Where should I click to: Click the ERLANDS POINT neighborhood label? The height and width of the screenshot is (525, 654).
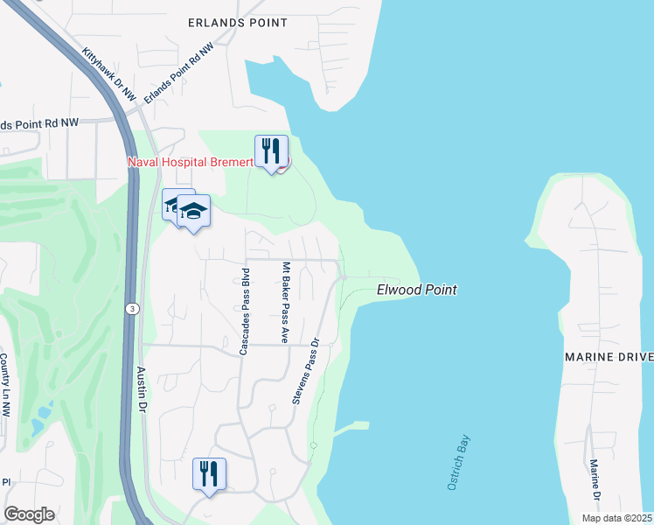(238, 22)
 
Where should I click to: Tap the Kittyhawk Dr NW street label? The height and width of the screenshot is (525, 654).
(109, 72)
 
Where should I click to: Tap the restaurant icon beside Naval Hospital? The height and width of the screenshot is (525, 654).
(271, 151)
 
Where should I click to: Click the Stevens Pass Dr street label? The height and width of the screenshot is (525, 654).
(306, 371)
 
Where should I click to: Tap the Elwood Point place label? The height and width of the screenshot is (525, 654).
(417, 290)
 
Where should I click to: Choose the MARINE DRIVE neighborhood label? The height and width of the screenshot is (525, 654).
(609, 357)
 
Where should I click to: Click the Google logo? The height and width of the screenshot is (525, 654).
(29, 514)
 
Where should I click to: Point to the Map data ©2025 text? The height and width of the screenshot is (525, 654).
(616, 518)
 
